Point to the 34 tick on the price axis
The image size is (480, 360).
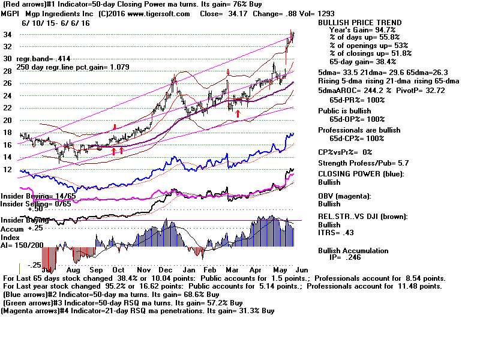(x=7, y=35)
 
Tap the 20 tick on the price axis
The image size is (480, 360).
(x=7, y=121)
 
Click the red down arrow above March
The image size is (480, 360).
(x=228, y=73)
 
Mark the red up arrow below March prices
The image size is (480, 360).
(x=238, y=113)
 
